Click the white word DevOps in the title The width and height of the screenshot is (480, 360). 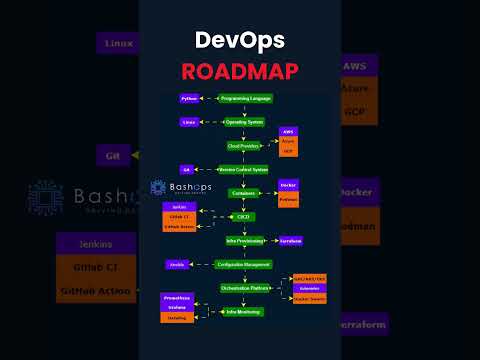[x=240, y=40]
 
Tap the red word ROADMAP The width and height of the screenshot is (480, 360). [x=240, y=70]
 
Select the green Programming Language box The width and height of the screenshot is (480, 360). [x=245, y=99]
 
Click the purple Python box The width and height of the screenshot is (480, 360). [x=189, y=99]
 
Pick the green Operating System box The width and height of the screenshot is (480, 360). [x=244, y=122]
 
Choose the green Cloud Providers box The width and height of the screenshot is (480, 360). [x=243, y=145]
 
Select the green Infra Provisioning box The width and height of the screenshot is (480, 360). [x=244, y=240]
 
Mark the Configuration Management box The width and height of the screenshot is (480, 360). [x=243, y=264]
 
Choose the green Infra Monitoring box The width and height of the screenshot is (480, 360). [x=243, y=311]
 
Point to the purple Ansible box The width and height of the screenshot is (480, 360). [x=178, y=264]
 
